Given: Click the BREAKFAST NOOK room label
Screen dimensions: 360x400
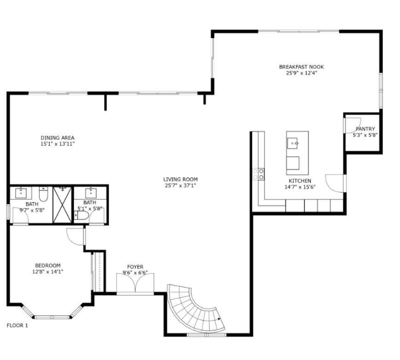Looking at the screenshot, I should (301, 67).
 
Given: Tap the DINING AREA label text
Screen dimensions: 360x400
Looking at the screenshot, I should (57, 138).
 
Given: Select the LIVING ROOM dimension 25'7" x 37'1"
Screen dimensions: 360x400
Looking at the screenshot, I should (180, 186).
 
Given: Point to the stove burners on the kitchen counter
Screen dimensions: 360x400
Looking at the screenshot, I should (259, 174).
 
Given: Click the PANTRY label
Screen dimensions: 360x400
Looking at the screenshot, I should (365, 129).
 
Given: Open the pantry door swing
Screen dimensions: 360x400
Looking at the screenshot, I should (350, 125).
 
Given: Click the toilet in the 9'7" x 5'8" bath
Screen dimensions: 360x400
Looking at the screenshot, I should (44, 195).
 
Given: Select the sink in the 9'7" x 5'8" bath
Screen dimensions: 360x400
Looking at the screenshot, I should (21, 192).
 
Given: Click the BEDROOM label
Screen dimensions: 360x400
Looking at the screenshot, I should (48, 266).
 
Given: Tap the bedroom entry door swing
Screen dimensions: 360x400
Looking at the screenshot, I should (75, 236).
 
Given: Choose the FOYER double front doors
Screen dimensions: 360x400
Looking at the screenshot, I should (135, 284).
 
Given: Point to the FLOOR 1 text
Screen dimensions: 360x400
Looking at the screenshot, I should (18, 325).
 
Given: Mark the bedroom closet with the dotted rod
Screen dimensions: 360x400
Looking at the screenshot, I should (97, 272).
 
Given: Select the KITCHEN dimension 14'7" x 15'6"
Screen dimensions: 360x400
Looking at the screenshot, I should (300, 188).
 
